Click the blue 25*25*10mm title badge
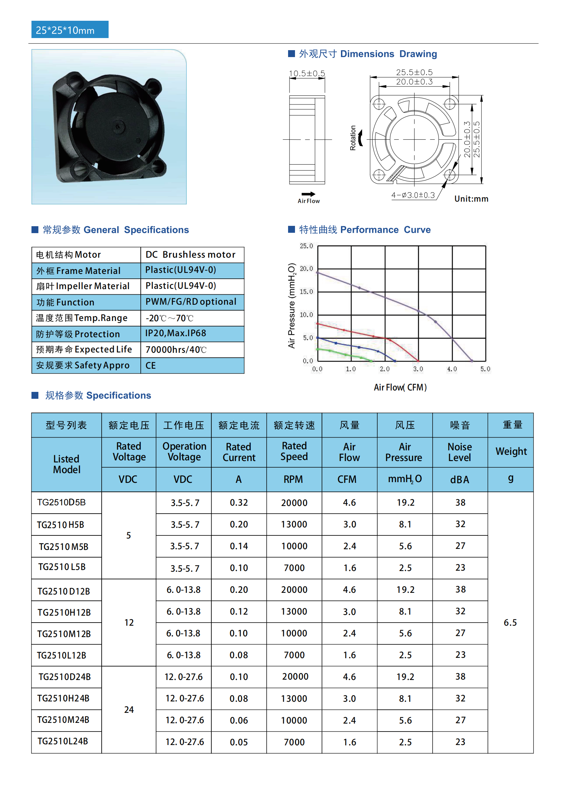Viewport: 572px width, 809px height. point(70,30)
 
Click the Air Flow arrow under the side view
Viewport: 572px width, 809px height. point(308,194)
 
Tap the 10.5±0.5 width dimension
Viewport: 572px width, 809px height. point(307,73)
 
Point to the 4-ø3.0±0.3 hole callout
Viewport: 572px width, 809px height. point(413,195)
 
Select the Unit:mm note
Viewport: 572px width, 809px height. point(471,199)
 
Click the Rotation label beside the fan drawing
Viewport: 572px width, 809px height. point(352,138)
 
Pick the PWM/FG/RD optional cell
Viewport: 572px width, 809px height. point(191,302)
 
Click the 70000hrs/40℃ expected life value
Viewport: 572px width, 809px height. point(176,350)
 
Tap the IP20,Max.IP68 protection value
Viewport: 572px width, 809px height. point(176,333)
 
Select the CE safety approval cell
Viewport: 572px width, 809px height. point(151,366)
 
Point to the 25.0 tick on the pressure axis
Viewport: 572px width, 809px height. point(306,246)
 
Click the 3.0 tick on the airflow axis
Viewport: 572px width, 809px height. point(418,369)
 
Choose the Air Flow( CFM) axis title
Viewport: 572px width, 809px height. point(400,387)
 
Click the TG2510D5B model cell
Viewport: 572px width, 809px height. point(62,503)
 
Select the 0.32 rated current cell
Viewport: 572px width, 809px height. point(239,503)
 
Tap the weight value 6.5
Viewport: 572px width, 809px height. point(510,623)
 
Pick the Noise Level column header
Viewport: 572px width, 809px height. point(460,452)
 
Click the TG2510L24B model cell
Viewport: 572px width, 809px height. point(63,741)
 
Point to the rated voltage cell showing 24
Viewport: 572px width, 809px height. point(129,710)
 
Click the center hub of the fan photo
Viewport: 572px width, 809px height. point(118,127)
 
